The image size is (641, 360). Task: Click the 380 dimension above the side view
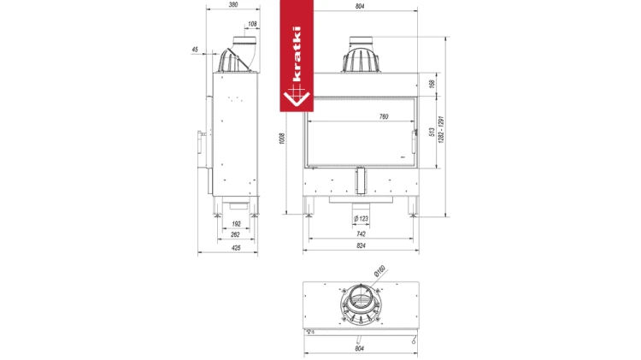pyautogui.click(x=234, y=4)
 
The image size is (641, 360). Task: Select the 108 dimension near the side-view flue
pyautogui.click(x=252, y=24)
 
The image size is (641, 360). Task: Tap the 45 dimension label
pyautogui.click(x=195, y=50)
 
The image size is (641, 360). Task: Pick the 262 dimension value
pyautogui.click(x=236, y=233)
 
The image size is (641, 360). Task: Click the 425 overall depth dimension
pyautogui.click(x=236, y=248)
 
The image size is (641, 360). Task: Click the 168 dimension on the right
pyautogui.click(x=432, y=84)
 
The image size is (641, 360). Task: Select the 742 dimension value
pyautogui.click(x=361, y=233)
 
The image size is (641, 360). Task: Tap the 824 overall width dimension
pyautogui.click(x=361, y=247)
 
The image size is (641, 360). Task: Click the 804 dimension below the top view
pyautogui.click(x=360, y=348)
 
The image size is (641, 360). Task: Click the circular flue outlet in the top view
pyautogui.click(x=360, y=304)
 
